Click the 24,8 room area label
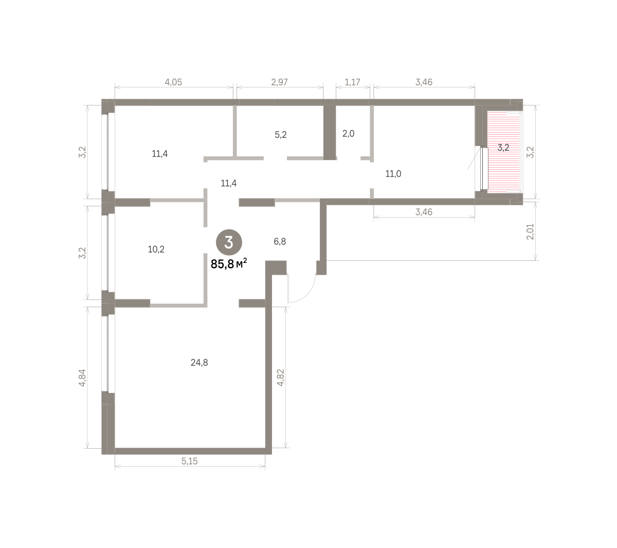(199, 363)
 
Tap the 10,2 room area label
(156, 250)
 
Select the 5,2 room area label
(281, 135)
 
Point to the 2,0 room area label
(348, 133)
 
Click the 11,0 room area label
(393, 174)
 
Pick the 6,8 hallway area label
(280, 242)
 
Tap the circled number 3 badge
(229, 242)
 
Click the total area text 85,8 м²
(229, 264)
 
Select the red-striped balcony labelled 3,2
(504, 152)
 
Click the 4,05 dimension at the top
(173, 82)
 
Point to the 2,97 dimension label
(279, 82)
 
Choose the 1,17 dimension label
(352, 82)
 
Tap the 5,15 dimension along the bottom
(189, 461)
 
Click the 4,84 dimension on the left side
(82, 378)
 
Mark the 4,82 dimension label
(281, 378)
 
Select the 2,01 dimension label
(530, 232)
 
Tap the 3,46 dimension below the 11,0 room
(424, 212)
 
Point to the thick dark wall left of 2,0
(329, 132)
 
